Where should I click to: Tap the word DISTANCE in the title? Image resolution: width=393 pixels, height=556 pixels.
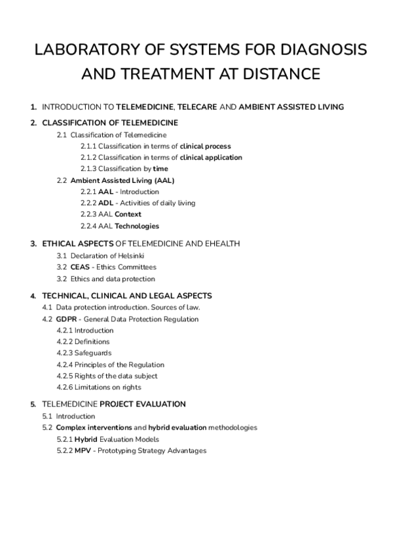point(282,74)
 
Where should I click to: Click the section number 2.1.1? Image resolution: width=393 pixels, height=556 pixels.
point(88,146)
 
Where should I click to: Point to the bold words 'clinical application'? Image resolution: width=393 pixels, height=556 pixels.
point(211,157)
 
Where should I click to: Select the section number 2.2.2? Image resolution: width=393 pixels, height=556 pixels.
point(88,203)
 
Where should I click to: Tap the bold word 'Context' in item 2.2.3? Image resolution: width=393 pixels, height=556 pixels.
point(128,214)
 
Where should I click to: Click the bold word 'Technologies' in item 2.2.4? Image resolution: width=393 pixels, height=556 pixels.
point(137,226)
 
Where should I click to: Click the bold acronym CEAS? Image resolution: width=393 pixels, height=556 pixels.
point(81,267)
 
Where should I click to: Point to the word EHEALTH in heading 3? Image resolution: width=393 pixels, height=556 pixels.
point(222,243)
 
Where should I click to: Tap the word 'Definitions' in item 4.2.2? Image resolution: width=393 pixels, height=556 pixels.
point(92,342)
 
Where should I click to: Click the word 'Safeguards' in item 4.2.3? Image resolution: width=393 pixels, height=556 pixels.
point(93,353)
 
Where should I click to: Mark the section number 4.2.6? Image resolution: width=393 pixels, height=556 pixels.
point(65,387)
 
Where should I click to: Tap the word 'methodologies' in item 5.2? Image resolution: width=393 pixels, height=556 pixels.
point(233,427)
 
